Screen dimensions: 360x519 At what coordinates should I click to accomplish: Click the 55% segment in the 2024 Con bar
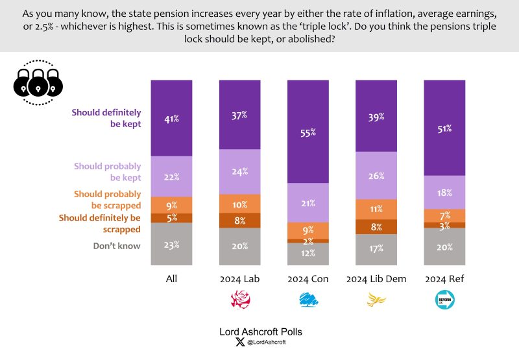(308, 132)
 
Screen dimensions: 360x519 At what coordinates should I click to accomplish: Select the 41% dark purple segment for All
(171, 118)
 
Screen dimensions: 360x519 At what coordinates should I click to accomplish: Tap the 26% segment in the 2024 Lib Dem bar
(376, 175)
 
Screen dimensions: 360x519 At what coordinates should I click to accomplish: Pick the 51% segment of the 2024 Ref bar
(444, 128)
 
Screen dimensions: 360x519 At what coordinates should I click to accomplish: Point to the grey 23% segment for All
(171, 244)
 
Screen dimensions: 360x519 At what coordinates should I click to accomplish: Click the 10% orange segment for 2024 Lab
(240, 204)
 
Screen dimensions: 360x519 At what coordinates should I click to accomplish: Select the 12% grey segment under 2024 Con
(308, 254)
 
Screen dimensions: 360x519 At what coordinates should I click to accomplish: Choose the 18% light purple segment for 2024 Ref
(444, 192)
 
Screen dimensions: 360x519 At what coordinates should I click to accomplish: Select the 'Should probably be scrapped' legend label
(107, 199)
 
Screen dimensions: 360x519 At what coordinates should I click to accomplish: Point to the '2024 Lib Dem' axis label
(376, 279)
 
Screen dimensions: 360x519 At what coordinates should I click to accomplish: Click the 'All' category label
(171, 279)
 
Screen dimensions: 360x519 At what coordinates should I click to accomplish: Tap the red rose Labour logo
(240, 299)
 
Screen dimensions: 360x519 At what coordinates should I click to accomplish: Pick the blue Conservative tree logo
(308, 299)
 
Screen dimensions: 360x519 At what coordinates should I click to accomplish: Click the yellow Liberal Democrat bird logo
(376, 299)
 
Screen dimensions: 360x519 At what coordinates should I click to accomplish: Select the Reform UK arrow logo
(444, 299)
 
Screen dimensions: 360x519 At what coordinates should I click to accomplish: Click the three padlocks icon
(38, 82)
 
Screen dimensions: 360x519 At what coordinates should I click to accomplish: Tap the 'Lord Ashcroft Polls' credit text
(260, 331)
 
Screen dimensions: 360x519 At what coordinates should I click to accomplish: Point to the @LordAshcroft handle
(266, 342)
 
